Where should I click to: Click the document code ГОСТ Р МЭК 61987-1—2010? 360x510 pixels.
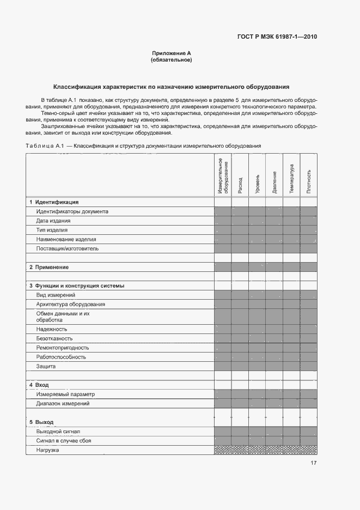(277, 37)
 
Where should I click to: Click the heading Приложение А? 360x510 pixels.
(171, 53)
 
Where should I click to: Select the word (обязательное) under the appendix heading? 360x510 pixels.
(171, 59)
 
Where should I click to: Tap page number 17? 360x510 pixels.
(314, 463)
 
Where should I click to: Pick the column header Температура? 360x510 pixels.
(291, 178)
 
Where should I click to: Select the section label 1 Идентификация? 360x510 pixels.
(54, 202)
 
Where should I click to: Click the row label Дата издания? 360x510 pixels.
(53, 221)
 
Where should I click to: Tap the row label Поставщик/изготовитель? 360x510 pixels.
(68, 248)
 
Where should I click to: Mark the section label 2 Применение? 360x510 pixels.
(49, 267)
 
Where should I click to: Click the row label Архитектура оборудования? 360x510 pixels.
(71, 304)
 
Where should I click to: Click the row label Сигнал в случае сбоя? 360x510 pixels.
(64, 440)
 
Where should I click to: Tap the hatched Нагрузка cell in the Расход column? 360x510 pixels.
(240, 450)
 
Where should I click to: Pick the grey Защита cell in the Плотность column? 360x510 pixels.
(309, 366)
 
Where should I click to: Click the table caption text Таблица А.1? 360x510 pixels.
(45, 146)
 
